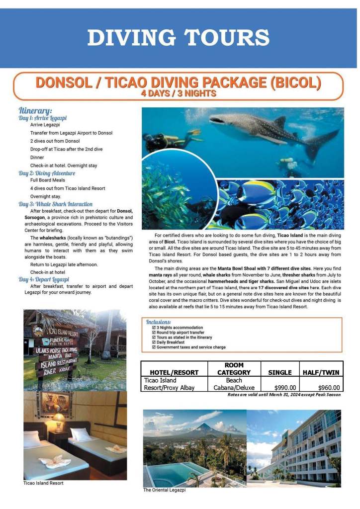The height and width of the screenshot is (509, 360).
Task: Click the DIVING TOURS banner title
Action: pyautogui.click(x=179, y=38)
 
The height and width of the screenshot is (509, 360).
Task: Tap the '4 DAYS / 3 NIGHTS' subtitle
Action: pyautogui.click(x=179, y=93)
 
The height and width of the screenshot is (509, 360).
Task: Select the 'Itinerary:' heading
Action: pyautogui.click(x=35, y=110)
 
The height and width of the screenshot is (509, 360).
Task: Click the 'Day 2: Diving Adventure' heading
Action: pyautogui.click(x=47, y=173)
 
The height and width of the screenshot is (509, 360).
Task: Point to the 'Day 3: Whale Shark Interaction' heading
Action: pyautogui.click(x=56, y=204)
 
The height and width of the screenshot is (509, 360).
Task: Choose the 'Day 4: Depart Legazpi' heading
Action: pyautogui.click(x=44, y=279)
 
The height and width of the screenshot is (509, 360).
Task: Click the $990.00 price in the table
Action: pyautogui.click(x=285, y=388)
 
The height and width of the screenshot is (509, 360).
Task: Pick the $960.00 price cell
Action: pyautogui.click(x=329, y=388)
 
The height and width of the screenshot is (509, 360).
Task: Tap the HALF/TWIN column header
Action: pyautogui.click(x=321, y=372)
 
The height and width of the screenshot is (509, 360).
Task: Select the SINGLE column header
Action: pyautogui.click(x=280, y=372)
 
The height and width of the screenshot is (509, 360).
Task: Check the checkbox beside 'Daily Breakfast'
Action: pyautogui.click(x=153, y=342)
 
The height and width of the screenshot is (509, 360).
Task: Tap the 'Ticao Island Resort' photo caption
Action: pyautogui.click(x=43, y=483)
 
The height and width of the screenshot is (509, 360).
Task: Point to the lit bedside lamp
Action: pyautogui.click(x=59, y=417)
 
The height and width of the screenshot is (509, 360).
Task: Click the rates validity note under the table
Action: pyautogui.click(x=284, y=395)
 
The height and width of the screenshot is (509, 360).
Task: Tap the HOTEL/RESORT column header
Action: pyautogui.click(x=174, y=372)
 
